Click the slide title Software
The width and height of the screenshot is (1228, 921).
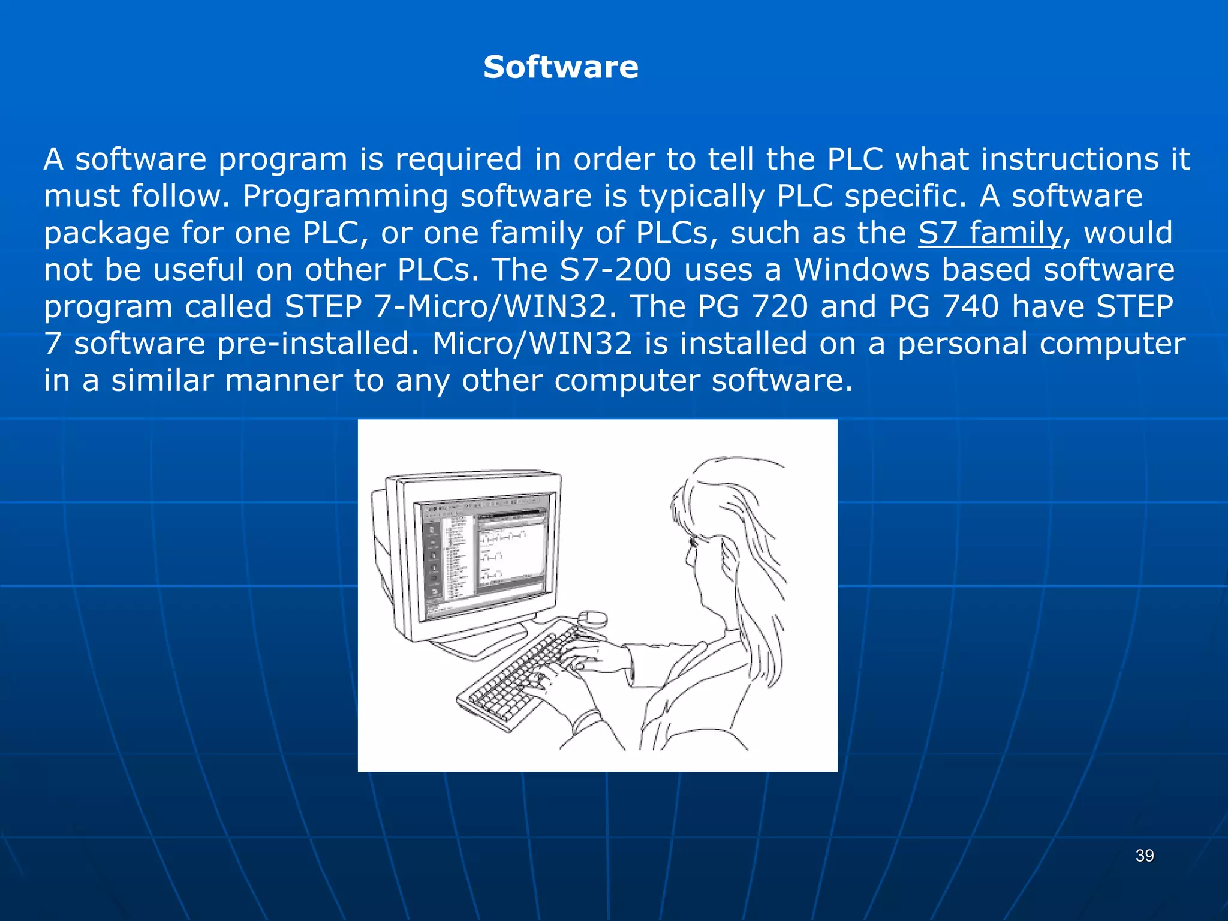point(561,67)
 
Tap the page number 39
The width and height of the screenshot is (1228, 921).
point(1145,856)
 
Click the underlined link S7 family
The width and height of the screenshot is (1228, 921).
point(990,233)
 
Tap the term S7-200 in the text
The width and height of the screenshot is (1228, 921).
point(615,270)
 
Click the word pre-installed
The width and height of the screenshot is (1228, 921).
point(318,344)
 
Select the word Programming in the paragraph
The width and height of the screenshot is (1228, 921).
point(345,196)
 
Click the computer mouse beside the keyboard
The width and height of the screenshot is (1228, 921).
point(592,618)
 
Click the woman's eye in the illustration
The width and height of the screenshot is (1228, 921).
point(694,542)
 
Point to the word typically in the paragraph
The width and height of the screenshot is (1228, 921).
point(701,196)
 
